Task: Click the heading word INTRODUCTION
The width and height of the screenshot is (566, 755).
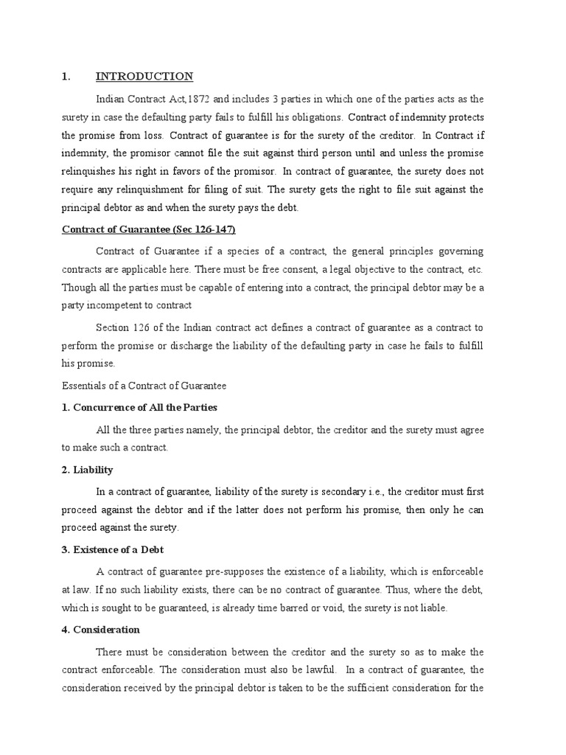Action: (x=144, y=77)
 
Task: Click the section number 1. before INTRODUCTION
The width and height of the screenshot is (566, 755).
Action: (x=65, y=77)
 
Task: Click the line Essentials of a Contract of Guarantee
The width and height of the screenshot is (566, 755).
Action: (x=143, y=385)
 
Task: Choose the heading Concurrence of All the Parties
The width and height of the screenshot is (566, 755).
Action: (x=145, y=407)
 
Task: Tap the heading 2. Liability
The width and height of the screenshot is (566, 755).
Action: (x=87, y=469)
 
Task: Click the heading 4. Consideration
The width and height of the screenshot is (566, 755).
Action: (x=100, y=630)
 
